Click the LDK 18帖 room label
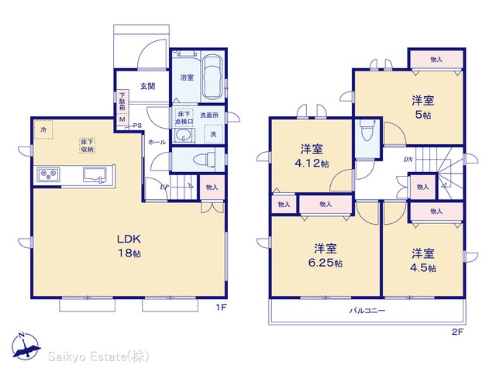129,246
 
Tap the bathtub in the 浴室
212,77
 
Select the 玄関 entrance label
147,86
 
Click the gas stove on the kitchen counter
48,174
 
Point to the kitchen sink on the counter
95,175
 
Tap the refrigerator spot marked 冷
43,129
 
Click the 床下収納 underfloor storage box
87,146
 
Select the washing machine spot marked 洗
214,134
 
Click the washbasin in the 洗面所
184,136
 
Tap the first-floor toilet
205,159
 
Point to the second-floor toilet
367,130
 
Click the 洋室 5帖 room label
423,107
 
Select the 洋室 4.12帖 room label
312,156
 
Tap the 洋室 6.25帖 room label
325,256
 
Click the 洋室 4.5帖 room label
423,261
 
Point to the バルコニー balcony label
367,311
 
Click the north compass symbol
26,346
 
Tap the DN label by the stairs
408,160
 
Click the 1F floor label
222,307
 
